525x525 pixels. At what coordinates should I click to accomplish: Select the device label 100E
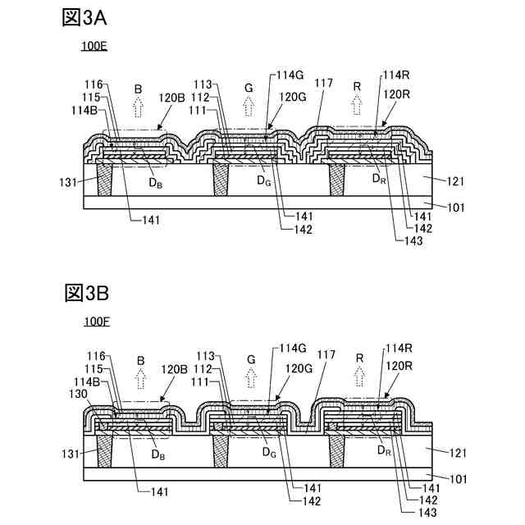[94, 48]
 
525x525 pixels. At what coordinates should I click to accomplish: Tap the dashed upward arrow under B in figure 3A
[139, 106]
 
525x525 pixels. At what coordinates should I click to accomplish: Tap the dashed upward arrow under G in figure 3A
[249, 106]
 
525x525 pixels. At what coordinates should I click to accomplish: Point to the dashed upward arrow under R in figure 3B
[359, 377]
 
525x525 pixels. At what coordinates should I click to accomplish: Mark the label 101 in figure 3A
[454, 208]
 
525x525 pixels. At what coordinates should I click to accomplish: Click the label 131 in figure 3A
[72, 181]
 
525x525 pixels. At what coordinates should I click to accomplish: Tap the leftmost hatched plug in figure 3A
[104, 179]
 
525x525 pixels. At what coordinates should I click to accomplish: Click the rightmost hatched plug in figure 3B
[336, 449]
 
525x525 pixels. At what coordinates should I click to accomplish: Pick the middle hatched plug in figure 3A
[220, 179]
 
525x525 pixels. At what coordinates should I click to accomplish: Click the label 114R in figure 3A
[396, 75]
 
